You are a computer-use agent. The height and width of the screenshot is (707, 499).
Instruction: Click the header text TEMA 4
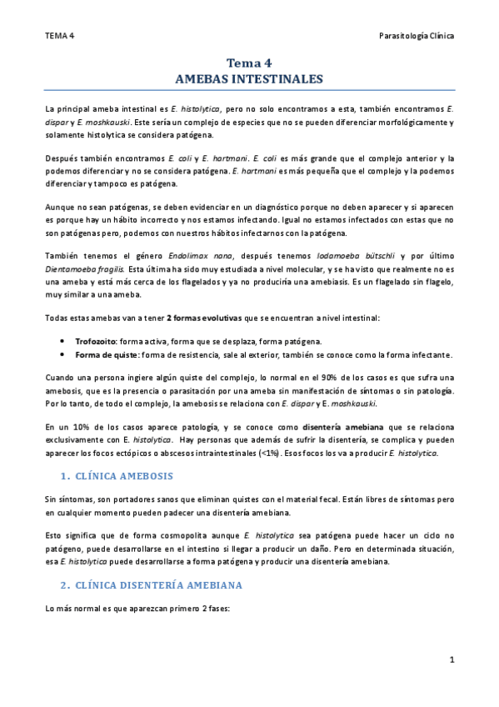(x=60, y=36)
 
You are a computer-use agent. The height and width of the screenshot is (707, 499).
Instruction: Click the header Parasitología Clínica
(x=416, y=36)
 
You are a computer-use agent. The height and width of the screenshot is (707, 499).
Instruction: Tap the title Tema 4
(x=249, y=63)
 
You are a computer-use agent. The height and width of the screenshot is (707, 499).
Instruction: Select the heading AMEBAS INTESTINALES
(x=249, y=78)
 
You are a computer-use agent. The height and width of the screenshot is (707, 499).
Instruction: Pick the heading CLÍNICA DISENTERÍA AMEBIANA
(x=158, y=584)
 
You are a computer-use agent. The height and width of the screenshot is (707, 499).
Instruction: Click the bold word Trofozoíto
(x=96, y=342)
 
